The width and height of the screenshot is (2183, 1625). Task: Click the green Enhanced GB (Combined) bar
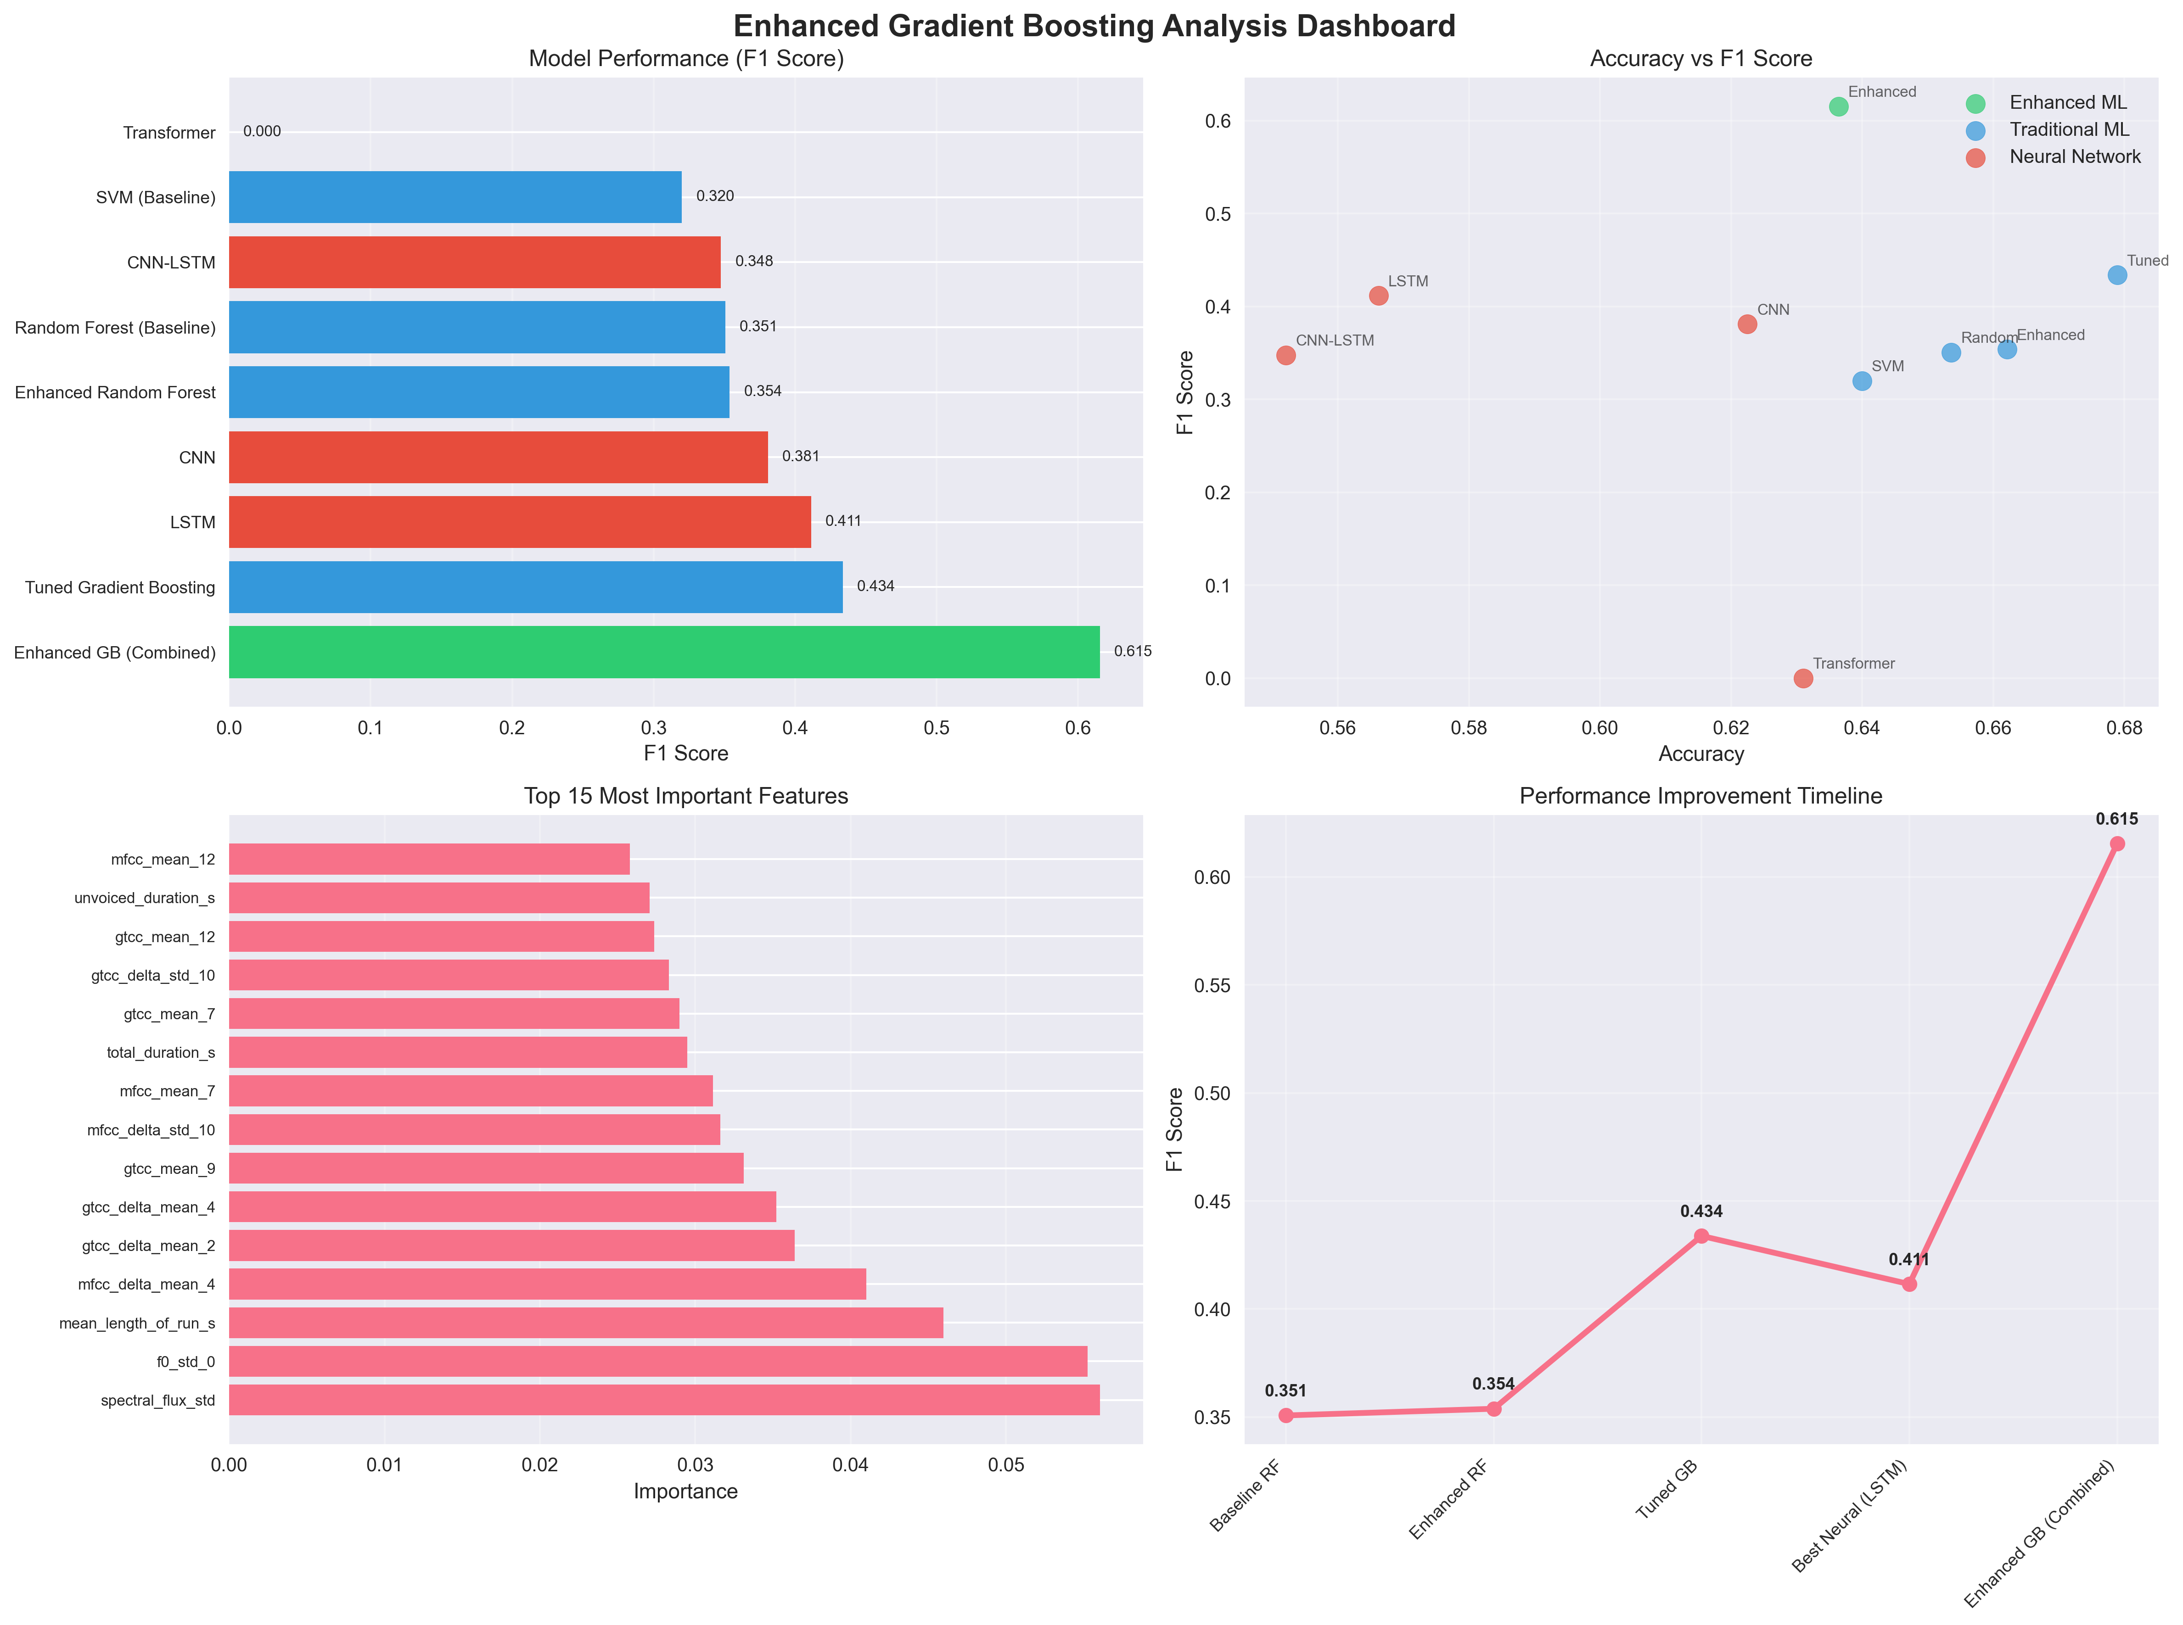coord(664,652)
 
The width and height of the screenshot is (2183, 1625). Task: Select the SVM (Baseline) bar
coord(455,197)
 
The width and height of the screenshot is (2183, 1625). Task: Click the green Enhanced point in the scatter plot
coord(1838,106)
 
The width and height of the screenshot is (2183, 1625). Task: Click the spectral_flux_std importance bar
coord(664,1400)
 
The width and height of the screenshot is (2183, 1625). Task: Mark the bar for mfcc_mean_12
coord(429,859)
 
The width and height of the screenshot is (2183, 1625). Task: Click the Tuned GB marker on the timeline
coord(1701,1235)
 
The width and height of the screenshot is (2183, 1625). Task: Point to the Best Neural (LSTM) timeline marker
coord(1908,1284)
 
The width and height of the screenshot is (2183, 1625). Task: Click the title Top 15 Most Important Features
coord(686,796)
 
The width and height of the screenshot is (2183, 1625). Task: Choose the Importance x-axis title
coord(686,1491)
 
